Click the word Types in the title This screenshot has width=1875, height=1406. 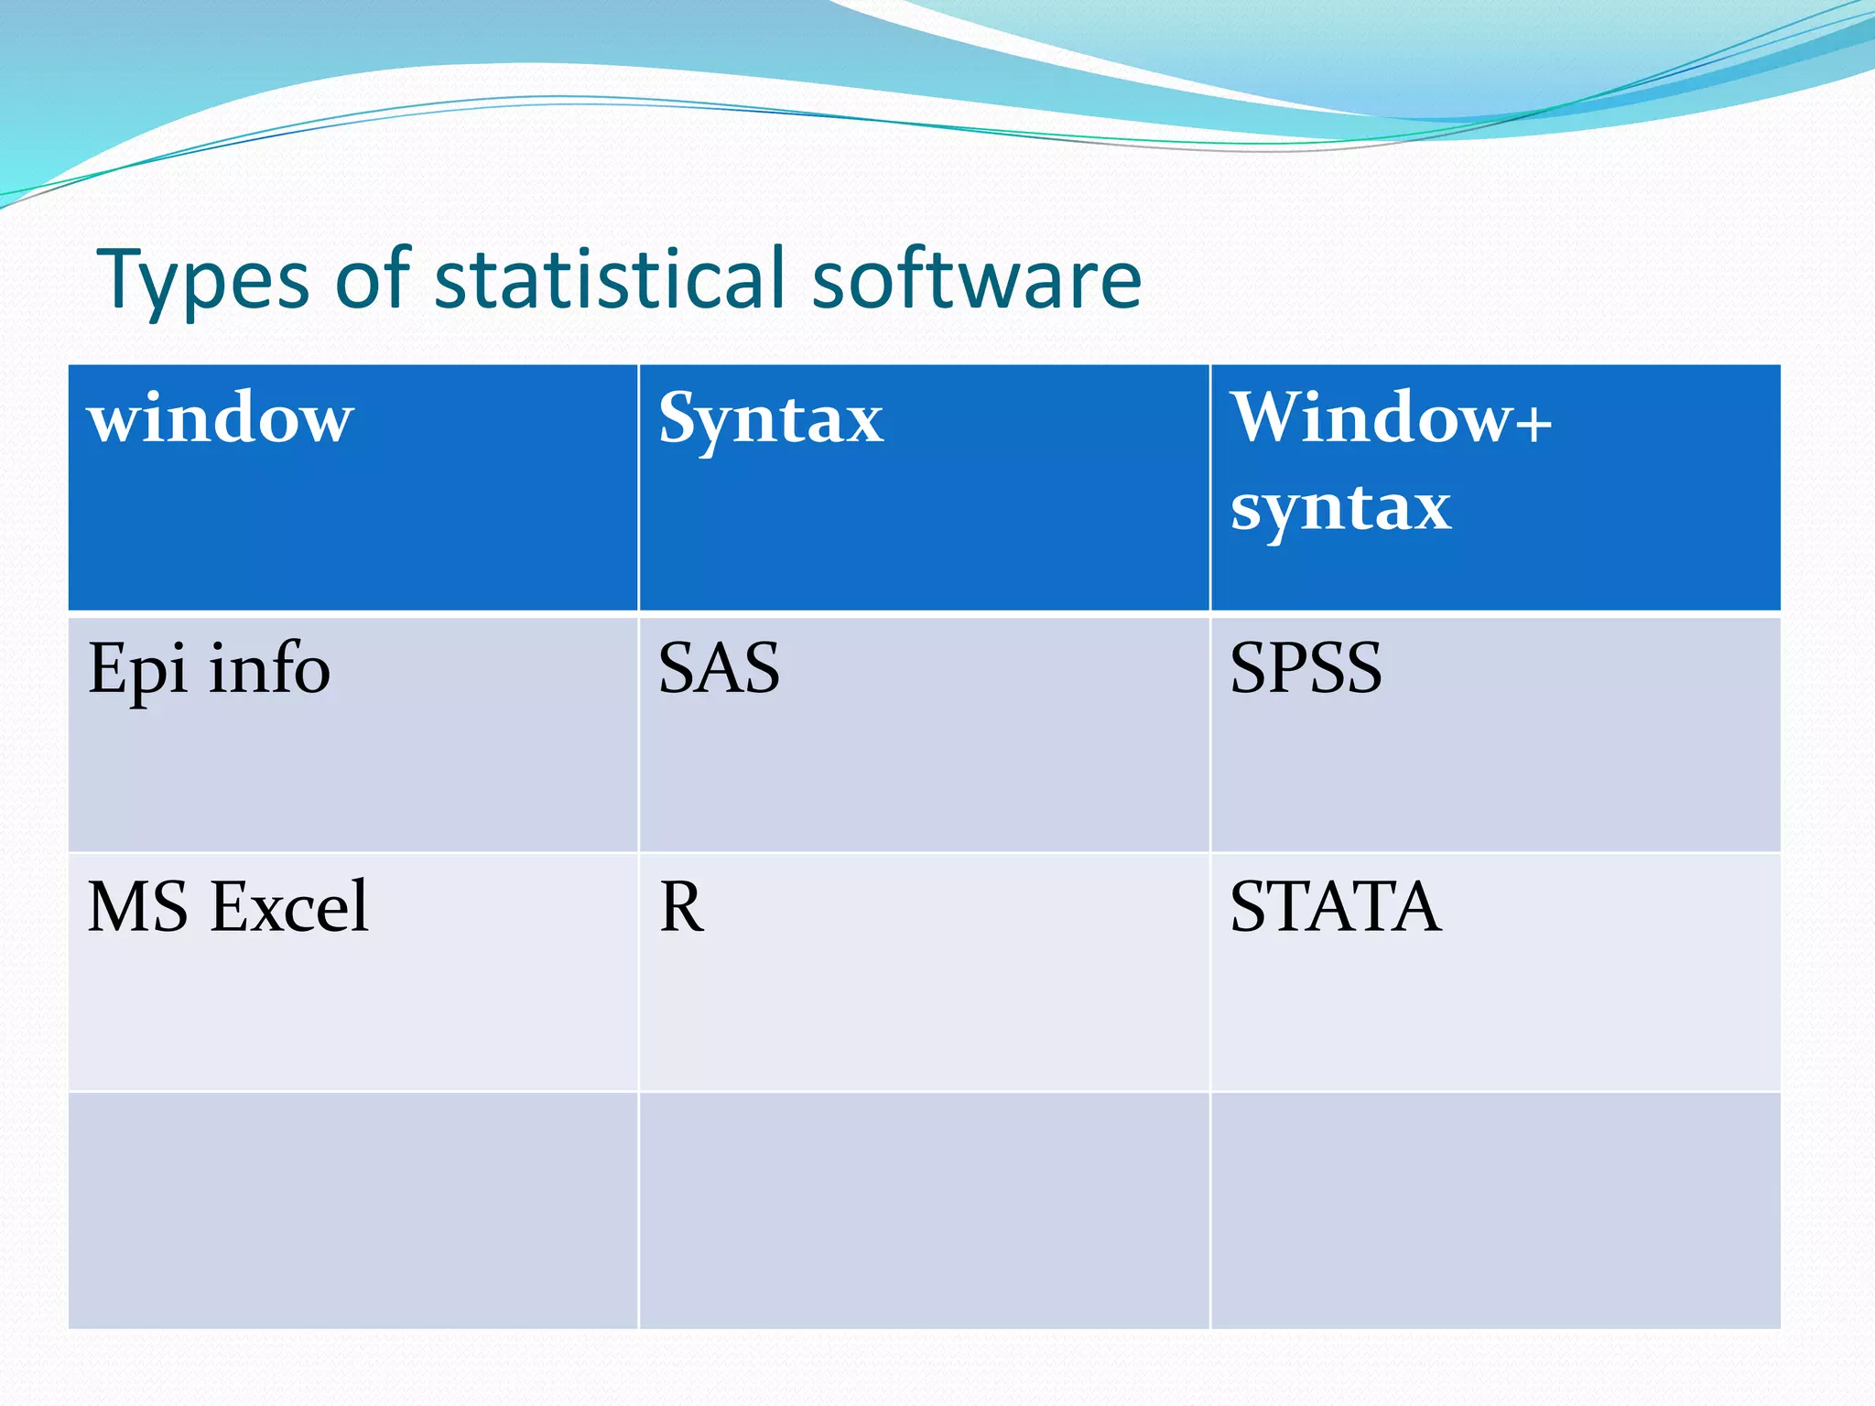pos(203,280)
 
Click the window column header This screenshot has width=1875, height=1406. pos(221,418)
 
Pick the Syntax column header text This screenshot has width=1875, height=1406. pos(771,420)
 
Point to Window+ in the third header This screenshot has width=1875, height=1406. pos(1390,418)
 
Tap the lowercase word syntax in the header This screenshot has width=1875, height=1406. pos(1340,508)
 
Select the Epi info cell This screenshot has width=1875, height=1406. pos(209,670)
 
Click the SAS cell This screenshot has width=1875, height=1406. pos(720,669)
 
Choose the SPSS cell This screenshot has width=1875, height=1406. pos(1306,669)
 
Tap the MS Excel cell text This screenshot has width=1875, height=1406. pos(228,907)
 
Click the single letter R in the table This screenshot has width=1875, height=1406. pos(682,907)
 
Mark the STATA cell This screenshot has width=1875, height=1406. pos(1335,907)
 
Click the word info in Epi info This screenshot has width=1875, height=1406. pos(269,668)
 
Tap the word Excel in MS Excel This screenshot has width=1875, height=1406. pos(289,907)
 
